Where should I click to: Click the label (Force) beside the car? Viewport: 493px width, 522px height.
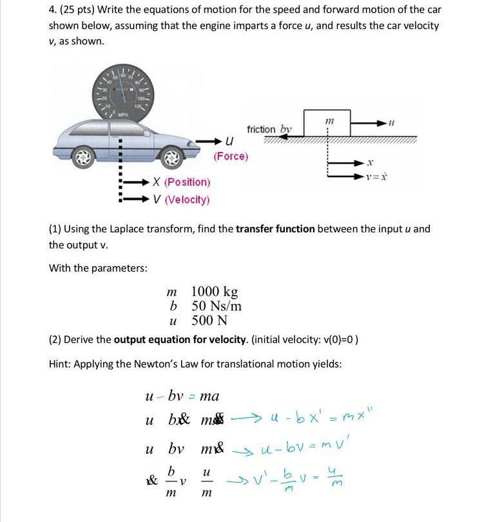tap(231, 156)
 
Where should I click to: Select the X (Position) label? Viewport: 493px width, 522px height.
tap(182, 183)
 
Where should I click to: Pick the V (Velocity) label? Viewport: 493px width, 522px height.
tap(182, 200)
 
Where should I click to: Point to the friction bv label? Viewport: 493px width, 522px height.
tap(269, 129)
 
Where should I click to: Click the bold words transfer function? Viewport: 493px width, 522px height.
tap(276, 228)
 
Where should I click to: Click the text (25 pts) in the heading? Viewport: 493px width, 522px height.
tap(79, 10)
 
